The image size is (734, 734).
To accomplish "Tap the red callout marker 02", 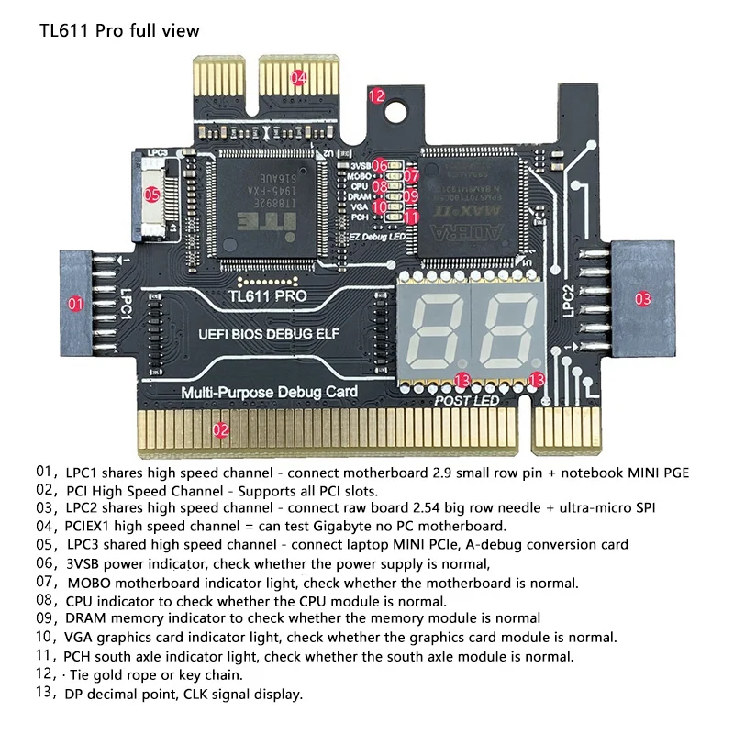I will coord(220,428).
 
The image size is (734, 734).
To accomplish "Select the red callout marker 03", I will coord(642,298).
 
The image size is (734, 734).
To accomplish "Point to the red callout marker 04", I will coord(298,78).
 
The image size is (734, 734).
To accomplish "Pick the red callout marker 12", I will coord(376,95).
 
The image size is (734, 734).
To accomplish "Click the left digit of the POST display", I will coord(434,332).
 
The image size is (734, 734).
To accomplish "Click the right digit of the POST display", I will coord(505,332).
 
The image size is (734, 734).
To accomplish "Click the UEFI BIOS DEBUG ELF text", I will coord(266,336).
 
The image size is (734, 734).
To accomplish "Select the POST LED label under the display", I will coord(466,401).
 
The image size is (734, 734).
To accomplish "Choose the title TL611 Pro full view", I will coord(119,30).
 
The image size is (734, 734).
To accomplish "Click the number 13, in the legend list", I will coord(46,694).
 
